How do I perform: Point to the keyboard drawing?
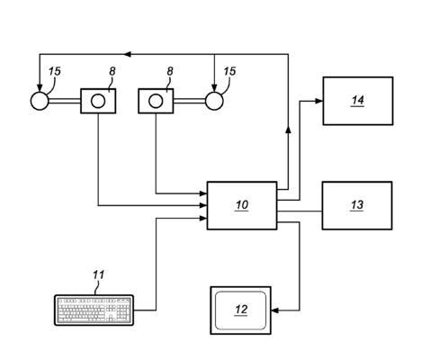[x=94, y=310]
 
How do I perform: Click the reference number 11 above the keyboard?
[x=98, y=274]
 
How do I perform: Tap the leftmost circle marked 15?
[x=40, y=101]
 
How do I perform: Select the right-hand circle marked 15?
[x=214, y=101]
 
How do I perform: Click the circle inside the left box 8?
[x=98, y=101]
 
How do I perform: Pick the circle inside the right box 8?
[x=156, y=101]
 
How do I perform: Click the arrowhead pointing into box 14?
[x=318, y=101]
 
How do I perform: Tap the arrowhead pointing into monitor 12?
[x=274, y=310]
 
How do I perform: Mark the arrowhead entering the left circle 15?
[x=40, y=88]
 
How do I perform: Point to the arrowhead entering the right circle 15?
[x=214, y=88]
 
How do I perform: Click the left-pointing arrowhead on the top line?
[x=128, y=54]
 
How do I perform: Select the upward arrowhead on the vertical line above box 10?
[x=288, y=130]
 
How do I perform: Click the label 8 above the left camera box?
[x=112, y=71]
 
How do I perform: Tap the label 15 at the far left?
[x=55, y=71]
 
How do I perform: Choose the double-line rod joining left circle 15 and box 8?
[x=65, y=101]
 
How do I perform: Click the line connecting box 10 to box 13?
[x=300, y=211]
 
